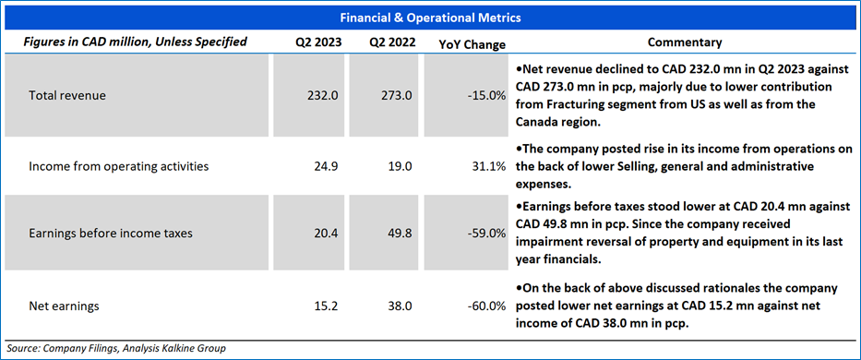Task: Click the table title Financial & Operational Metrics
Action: [x=430, y=18]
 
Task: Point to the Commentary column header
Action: [x=685, y=42]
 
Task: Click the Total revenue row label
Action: [x=67, y=96]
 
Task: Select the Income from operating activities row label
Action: [x=119, y=166]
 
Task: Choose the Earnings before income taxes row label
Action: [x=111, y=233]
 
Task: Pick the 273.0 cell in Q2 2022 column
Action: [x=397, y=96]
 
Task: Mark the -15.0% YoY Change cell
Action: [x=486, y=96]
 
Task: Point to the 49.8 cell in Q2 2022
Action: [x=401, y=233]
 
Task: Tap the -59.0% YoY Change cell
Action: [x=486, y=233]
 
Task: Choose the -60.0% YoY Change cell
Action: [x=486, y=306]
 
